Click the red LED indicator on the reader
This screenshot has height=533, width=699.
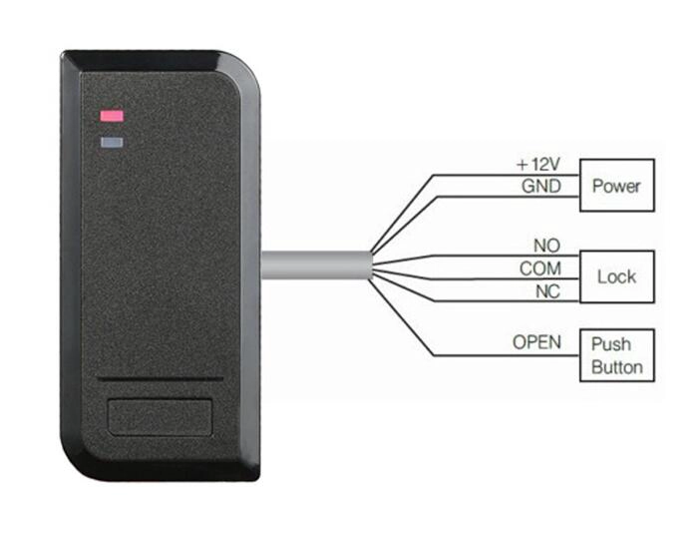pos(112,116)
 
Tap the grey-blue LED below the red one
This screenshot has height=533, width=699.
pos(112,143)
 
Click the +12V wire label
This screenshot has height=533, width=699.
pos(537,165)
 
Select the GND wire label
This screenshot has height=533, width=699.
pos(541,186)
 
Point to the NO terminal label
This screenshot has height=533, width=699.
pos(547,246)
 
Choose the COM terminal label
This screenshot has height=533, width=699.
pos(540,268)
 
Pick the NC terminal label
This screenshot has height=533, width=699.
pos(547,291)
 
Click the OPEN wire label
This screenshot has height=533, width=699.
pos(536,342)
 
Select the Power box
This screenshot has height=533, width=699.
pos(617,185)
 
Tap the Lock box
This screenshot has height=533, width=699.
pos(617,276)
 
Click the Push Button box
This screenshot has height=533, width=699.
pos(617,355)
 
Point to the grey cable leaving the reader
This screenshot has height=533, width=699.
pos(316,266)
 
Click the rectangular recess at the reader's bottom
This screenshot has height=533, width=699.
pos(160,417)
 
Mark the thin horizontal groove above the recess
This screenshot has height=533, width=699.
pos(161,380)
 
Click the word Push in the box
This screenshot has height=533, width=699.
pos(610,344)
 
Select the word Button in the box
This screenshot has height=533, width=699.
pos(617,367)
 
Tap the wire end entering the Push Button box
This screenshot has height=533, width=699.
pos(579,355)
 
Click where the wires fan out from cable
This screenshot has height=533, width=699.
pos(372,266)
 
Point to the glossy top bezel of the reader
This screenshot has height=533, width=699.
pos(148,61)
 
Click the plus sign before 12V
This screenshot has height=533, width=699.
pos(522,165)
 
